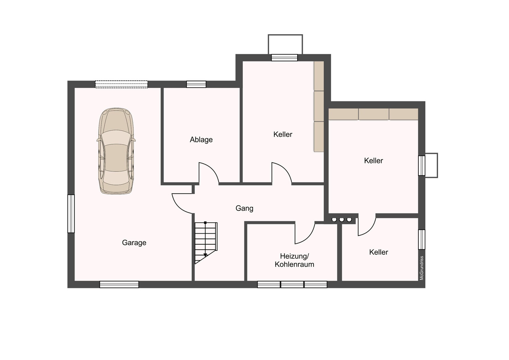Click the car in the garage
coord(116,151)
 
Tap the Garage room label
coord(134,243)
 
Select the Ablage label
coord(201,140)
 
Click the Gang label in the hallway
coord(244,208)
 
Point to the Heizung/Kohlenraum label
coord(294,260)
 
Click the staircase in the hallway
coord(206,243)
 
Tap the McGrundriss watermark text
coord(422,268)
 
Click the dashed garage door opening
coord(121,84)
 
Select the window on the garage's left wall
coord(71,214)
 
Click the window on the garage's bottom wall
coord(119,284)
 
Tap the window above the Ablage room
coord(196,84)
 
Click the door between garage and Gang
coord(182,204)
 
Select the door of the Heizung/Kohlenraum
coord(305,233)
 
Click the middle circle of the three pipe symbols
coord(342,220)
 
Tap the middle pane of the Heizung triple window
coord(292,284)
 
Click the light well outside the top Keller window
coord(285,44)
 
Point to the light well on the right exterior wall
coord(431,165)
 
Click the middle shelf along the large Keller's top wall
coord(373,114)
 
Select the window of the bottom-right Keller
coord(422,239)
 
